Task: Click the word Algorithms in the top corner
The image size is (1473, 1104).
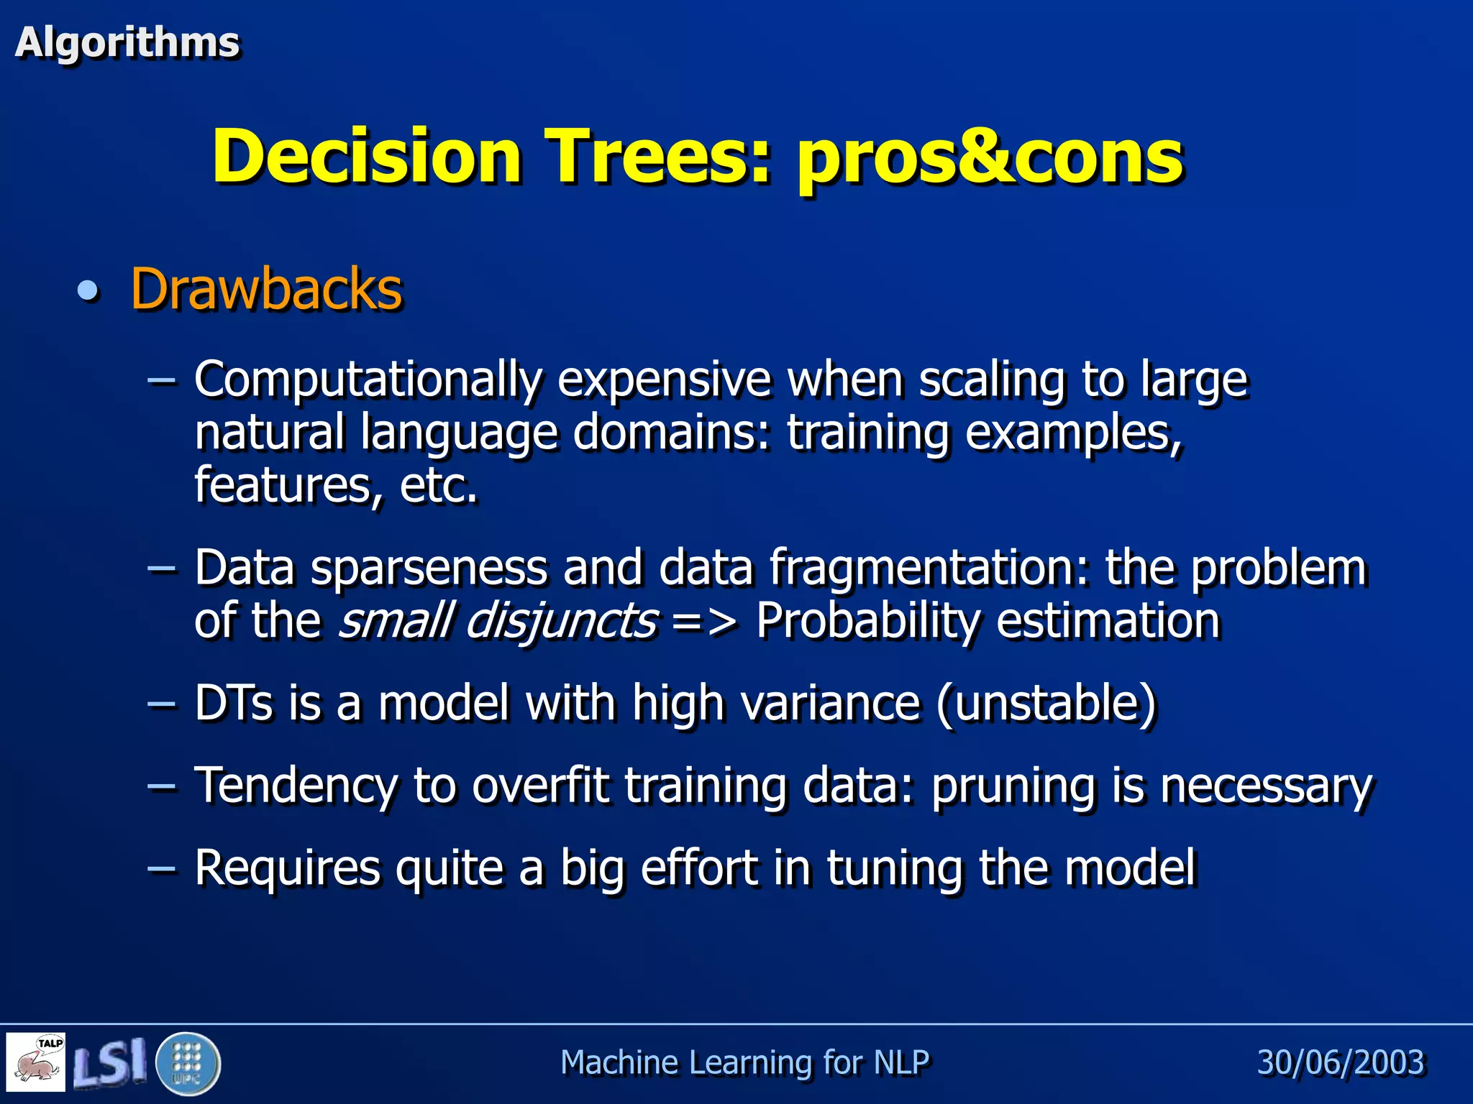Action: click(x=127, y=43)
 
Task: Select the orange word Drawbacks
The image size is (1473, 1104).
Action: click(x=266, y=290)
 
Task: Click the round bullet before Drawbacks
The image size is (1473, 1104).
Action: click(x=88, y=291)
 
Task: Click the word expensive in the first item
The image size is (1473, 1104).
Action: click(x=664, y=379)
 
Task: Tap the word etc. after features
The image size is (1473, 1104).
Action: click(x=438, y=486)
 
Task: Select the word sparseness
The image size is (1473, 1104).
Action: click(x=429, y=568)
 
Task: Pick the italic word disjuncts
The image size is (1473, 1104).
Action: click(x=560, y=621)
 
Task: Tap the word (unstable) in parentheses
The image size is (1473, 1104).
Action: click(x=1046, y=703)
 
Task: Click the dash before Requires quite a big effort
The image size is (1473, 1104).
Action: click(x=161, y=868)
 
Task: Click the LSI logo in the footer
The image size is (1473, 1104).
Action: click(x=110, y=1062)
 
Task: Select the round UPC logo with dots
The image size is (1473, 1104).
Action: click(x=188, y=1063)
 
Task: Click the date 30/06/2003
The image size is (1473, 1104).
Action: click(x=1341, y=1062)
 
